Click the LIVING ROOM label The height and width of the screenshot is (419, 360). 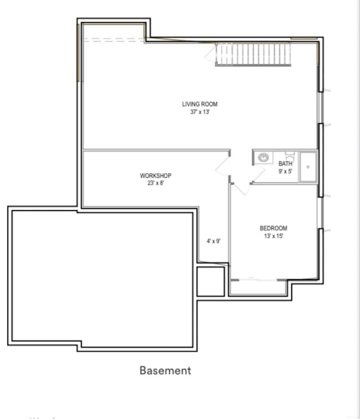199,104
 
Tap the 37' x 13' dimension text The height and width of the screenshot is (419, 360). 199,112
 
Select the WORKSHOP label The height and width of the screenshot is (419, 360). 155,176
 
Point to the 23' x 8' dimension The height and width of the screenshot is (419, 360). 155,183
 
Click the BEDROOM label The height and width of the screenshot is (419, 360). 273,228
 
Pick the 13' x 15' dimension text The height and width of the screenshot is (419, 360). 273,236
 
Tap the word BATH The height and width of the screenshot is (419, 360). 285,164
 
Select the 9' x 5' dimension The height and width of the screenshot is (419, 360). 285,171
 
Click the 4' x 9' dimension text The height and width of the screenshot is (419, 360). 213,241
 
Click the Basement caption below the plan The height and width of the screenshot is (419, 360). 165,370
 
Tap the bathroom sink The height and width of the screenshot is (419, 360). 263,158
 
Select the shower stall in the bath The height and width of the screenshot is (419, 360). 308,166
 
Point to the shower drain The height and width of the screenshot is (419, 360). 308,166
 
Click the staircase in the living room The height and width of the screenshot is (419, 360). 253,54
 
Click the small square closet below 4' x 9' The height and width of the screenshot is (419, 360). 210,281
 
